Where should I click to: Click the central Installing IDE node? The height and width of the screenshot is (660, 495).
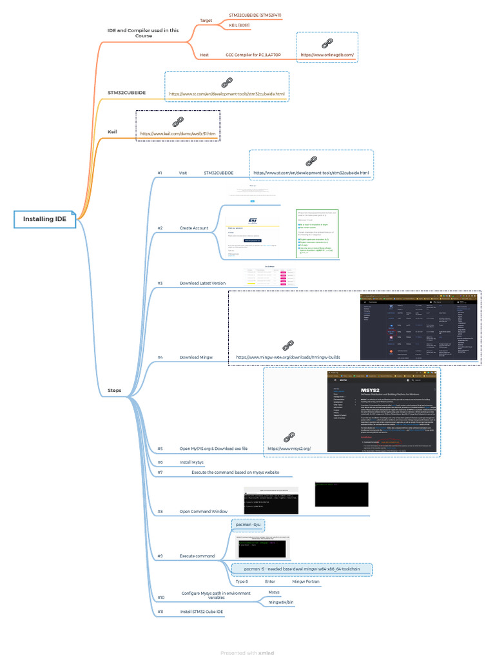click(44, 219)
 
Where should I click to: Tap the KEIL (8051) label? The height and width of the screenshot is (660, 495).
click(239, 25)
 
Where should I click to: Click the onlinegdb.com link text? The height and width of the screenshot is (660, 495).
click(326, 55)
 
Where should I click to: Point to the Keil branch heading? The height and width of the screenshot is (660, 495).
click(112, 131)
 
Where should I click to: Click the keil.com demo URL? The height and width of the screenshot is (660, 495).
click(177, 133)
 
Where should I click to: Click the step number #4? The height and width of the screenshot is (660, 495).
click(160, 356)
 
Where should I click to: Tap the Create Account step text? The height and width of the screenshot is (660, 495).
click(194, 228)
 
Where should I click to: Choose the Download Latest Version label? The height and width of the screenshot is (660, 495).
click(202, 283)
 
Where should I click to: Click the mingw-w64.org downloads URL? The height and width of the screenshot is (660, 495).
click(287, 356)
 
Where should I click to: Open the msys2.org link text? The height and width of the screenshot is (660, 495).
click(289, 430)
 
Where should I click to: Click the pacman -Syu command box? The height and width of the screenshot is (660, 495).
click(247, 525)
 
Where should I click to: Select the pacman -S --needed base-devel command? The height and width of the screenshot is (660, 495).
click(302, 569)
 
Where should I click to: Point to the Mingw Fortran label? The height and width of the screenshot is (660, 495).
click(306, 581)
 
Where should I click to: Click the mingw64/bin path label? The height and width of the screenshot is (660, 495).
click(281, 602)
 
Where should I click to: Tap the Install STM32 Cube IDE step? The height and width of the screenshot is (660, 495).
click(202, 611)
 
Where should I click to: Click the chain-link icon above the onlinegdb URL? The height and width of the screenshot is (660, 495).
click(326, 43)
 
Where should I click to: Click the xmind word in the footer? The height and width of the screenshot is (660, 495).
click(266, 653)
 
